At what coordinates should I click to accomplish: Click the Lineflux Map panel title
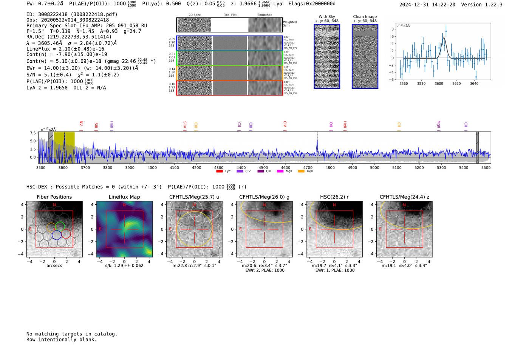click(x=124, y=197)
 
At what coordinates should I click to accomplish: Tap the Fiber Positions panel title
click(x=54, y=197)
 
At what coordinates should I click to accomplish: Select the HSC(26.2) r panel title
click(x=334, y=197)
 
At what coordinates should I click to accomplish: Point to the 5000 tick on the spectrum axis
click(x=374, y=168)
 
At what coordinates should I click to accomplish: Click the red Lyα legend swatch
click(x=220, y=172)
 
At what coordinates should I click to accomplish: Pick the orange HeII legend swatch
click(x=301, y=172)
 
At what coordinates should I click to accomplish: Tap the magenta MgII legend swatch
click(x=280, y=172)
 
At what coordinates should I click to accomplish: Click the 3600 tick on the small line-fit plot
click(x=439, y=83)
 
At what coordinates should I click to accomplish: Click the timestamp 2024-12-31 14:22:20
click(x=427, y=5)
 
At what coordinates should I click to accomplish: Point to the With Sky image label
click(x=327, y=17)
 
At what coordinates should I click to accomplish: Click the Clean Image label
click(x=365, y=17)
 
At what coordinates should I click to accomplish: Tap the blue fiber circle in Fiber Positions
click(x=57, y=235)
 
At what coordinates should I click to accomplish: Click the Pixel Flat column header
click(x=230, y=15)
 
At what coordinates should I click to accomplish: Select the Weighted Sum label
click(x=290, y=24)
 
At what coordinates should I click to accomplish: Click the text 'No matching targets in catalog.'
click(x=72, y=334)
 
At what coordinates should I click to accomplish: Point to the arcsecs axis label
click(x=54, y=266)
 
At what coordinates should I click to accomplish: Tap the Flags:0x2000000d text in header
click(x=312, y=4)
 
